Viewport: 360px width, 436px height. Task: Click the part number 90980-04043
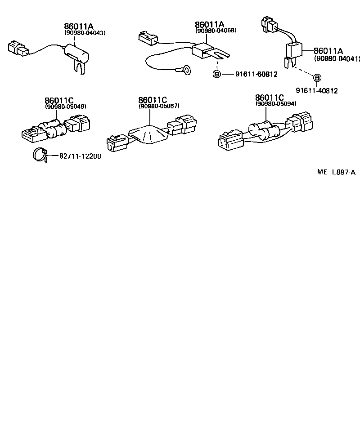tap(85, 33)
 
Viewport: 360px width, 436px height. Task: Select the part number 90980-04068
tap(216, 31)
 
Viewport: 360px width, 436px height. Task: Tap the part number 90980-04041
tap(337, 58)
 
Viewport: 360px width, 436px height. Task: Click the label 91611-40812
tap(316, 91)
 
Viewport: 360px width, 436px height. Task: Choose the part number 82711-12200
tap(80, 156)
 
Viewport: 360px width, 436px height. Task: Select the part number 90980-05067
tap(159, 107)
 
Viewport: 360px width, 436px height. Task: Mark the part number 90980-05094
tap(276, 104)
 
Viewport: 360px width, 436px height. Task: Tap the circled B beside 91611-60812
tap(216, 74)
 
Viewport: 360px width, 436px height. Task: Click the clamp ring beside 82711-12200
tap(39, 155)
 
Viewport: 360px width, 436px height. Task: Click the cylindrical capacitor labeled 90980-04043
tap(80, 53)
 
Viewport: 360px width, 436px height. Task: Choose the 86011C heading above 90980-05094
tap(270, 98)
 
